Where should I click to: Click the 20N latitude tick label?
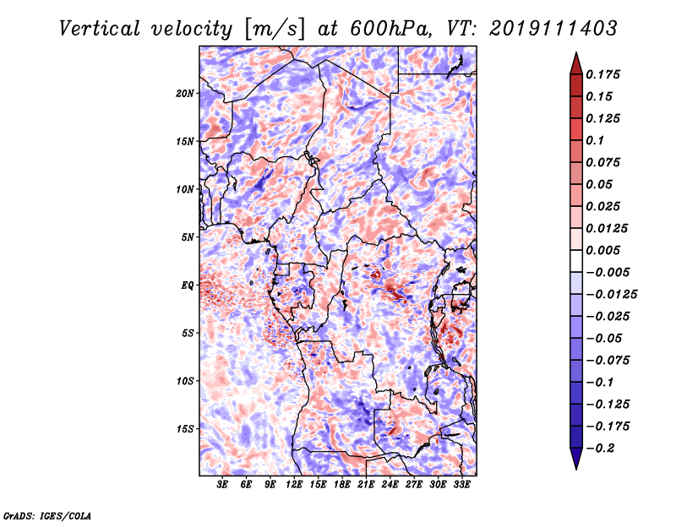click(185, 94)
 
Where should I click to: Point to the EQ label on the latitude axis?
click(188, 285)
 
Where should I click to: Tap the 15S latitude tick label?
click(185, 429)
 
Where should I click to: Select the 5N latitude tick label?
click(188, 237)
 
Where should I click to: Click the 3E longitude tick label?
click(222, 485)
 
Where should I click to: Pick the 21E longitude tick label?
click(366, 485)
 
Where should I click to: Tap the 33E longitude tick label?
click(461, 485)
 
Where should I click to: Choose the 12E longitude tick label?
click(294, 485)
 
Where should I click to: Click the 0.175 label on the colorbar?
click(602, 74)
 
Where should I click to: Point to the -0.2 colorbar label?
click(600, 449)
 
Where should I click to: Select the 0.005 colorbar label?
click(602, 250)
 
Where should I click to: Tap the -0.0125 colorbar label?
click(611, 295)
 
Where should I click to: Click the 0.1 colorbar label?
click(595, 140)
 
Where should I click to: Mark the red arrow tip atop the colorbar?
click(576, 52)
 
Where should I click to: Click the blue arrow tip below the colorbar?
click(576, 469)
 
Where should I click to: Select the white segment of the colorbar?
click(576, 261)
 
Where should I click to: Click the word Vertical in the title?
click(100, 29)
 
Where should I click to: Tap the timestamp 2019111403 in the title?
click(553, 29)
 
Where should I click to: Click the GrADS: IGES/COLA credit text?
click(47, 515)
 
